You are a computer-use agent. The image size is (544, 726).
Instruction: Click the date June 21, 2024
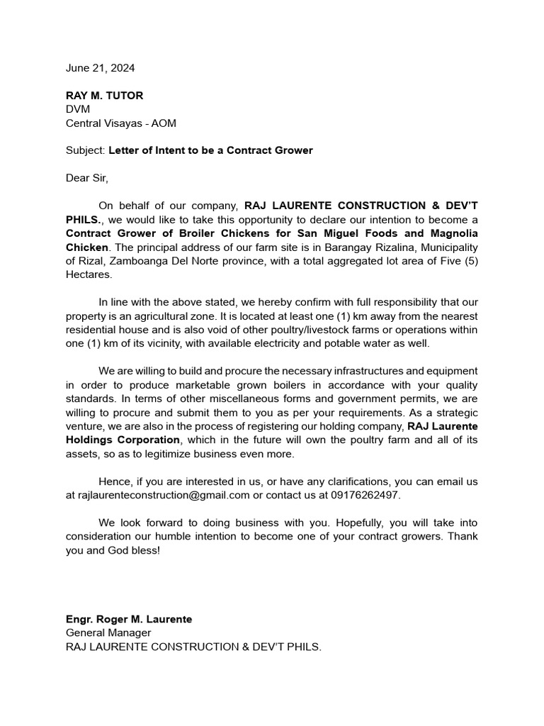click(x=100, y=68)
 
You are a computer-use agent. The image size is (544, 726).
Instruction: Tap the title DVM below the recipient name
click(x=78, y=109)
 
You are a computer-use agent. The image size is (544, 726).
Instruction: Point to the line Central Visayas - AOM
click(x=121, y=123)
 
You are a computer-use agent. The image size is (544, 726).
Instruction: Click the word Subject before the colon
click(x=84, y=150)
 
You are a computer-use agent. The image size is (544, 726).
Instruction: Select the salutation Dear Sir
click(x=88, y=178)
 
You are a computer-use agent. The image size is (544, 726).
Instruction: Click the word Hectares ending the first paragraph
click(x=89, y=274)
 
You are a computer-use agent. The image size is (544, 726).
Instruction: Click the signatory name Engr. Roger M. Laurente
click(x=129, y=619)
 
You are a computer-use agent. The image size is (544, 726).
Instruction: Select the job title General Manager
click(x=108, y=632)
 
